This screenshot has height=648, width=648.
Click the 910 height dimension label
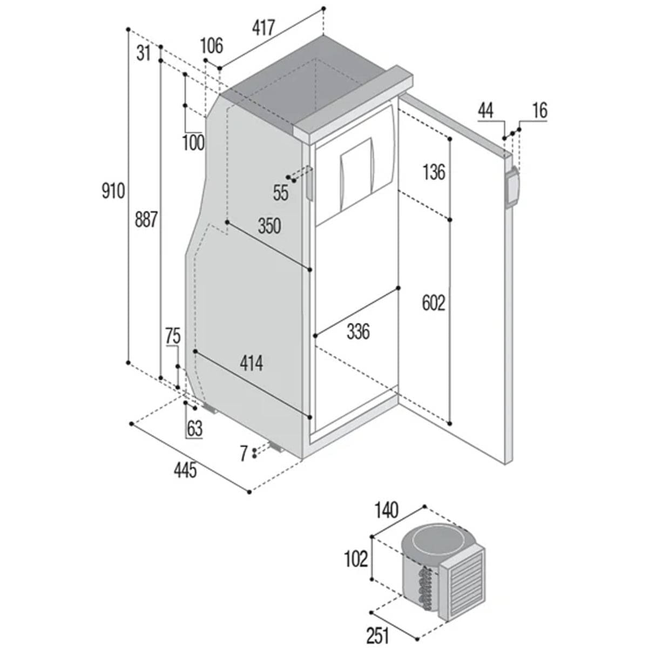coord(113,191)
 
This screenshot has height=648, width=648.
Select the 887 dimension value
coord(146,220)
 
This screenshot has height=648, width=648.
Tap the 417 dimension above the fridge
coord(264,28)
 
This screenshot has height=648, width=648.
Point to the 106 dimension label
coord(212,46)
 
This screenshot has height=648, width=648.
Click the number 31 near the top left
coord(143,53)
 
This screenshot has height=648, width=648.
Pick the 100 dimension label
coord(193,143)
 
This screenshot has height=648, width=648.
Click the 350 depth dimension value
coord(269,226)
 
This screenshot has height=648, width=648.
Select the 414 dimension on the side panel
coord(252,363)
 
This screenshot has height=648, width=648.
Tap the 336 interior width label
coord(358,331)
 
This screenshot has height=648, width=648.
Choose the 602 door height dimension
coord(434,303)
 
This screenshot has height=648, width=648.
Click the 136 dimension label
coord(434,172)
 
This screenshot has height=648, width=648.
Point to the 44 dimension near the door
coord(485,111)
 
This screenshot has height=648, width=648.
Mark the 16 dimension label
coord(539,111)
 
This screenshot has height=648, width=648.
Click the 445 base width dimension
coord(185,471)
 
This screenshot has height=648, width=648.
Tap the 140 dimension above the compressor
coord(387,509)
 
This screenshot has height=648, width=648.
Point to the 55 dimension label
coord(281,193)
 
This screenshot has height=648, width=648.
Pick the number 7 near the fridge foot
coord(244,452)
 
